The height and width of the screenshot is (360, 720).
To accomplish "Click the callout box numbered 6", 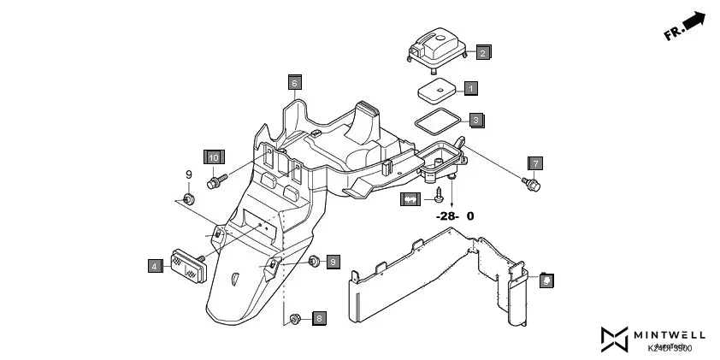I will (x=294, y=83).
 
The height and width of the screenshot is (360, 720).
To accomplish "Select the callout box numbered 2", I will (x=482, y=53).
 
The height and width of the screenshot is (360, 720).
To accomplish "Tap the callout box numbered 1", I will (x=471, y=88).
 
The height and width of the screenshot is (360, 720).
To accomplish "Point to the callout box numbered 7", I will (x=535, y=162).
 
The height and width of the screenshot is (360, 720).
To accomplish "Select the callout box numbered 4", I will (x=155, y=266).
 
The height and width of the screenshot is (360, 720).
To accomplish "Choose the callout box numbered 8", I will (x=320, y=318).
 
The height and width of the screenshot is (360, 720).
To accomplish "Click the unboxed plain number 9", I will (x=189, y=175).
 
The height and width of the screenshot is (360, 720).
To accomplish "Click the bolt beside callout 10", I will (x=217, y=181).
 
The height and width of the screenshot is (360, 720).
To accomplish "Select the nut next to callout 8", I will (x=295, y=319).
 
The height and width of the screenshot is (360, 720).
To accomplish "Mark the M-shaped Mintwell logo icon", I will (x=614, y=339).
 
